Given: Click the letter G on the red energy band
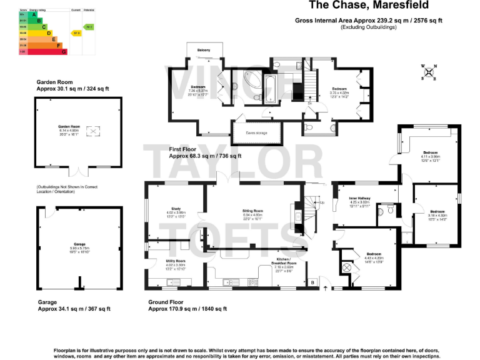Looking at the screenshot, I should point(64,52).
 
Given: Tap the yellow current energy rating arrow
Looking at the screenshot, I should point(76,32).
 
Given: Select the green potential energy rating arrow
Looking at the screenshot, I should point(89,27).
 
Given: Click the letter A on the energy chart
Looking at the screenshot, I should point(26,14).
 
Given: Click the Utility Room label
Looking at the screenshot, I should point(176,261).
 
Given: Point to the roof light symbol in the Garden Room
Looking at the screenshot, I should point(92,131).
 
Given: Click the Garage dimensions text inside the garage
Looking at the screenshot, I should point(79,248).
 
